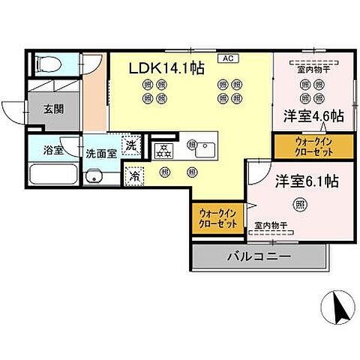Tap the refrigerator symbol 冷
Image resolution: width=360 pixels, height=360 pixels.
coord(134,176)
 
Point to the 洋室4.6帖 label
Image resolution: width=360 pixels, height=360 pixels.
coord(313,116)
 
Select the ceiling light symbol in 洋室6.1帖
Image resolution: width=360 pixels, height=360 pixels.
coord(299,204)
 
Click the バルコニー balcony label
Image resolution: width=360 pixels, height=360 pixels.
coord(259,258)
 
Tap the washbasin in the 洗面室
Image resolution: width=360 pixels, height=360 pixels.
coord(93,178)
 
